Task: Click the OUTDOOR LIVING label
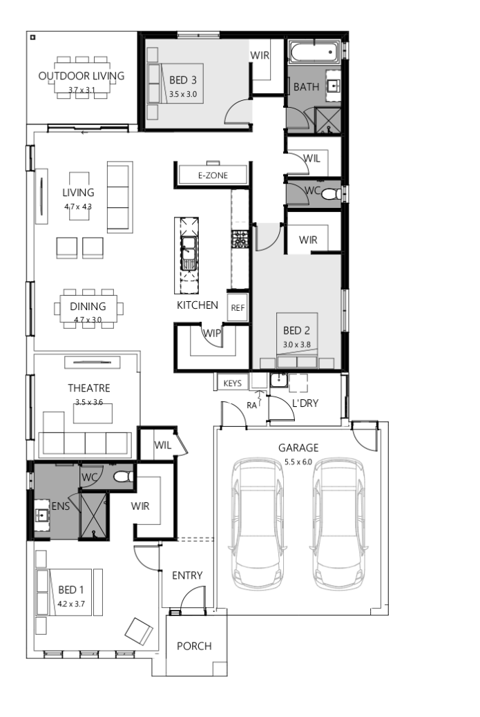pyautogui.click(x=81, y=76)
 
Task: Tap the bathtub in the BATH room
pyautogui.click(x=313, y=52)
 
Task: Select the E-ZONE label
pyautogui.click(x=212, y=176)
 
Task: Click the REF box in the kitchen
pyautogui.click(x=237, y=308)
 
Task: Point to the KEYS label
pyautogui.click(x=231, y=382)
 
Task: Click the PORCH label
pyautogui.click(x=194, y=647)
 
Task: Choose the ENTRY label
pyautogui.click(x=186, y=575)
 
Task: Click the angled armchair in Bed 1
pyautogui.click(x=139, y=630)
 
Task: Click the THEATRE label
pyautogui.click(x=88, y=388)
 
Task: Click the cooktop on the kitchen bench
pyautogui.click(x=240, y=239)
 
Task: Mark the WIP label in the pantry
pyautogui.click(x=211, y=333)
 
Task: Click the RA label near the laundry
pyautogui.click(x=252, y=405)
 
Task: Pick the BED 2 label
pyautogui.click(x=298, y=330)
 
